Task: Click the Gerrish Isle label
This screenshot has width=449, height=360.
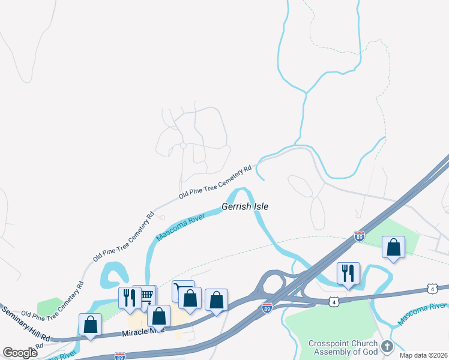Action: coord(245,206)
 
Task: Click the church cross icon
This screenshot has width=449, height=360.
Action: coord(387,347)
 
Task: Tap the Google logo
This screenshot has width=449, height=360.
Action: coord(20,353)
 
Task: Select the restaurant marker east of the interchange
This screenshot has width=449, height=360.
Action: coord(348,273)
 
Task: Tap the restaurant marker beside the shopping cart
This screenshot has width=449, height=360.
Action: coord(130,296)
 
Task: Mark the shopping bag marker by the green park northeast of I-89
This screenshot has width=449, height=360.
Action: coord(393,247)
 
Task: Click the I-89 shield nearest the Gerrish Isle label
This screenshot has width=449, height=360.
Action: coord(359,236)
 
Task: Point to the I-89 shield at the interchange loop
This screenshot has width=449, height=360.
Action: coord(268,308)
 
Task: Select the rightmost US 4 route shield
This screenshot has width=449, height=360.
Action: coord(433,289)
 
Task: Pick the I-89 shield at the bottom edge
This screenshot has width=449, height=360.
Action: coord(120,356)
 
